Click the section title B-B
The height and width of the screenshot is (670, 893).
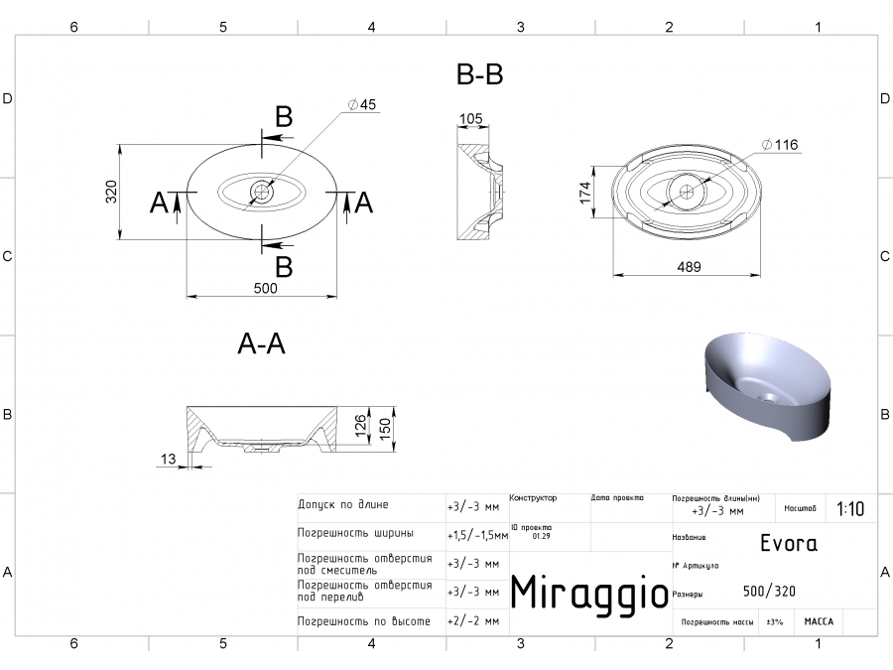click(479, 74)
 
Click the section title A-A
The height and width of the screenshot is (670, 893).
click(262, 343)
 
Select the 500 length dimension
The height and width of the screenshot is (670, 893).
click(265, 289)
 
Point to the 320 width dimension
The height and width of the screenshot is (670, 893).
click(112, 192)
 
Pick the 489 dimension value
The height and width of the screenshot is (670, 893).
click(689, 266)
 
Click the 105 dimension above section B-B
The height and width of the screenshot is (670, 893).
click(470, 120)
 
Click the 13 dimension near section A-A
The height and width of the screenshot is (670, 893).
click(166, 458)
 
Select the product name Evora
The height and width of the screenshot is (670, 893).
click(788, 544)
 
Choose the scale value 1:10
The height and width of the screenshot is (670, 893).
click(850, 509)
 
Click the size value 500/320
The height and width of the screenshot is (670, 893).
click(768, 592)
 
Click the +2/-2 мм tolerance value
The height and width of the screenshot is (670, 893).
click(473, 620)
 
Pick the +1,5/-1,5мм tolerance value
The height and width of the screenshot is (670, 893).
click(477, 535)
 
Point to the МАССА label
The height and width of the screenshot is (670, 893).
click(819, 621)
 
